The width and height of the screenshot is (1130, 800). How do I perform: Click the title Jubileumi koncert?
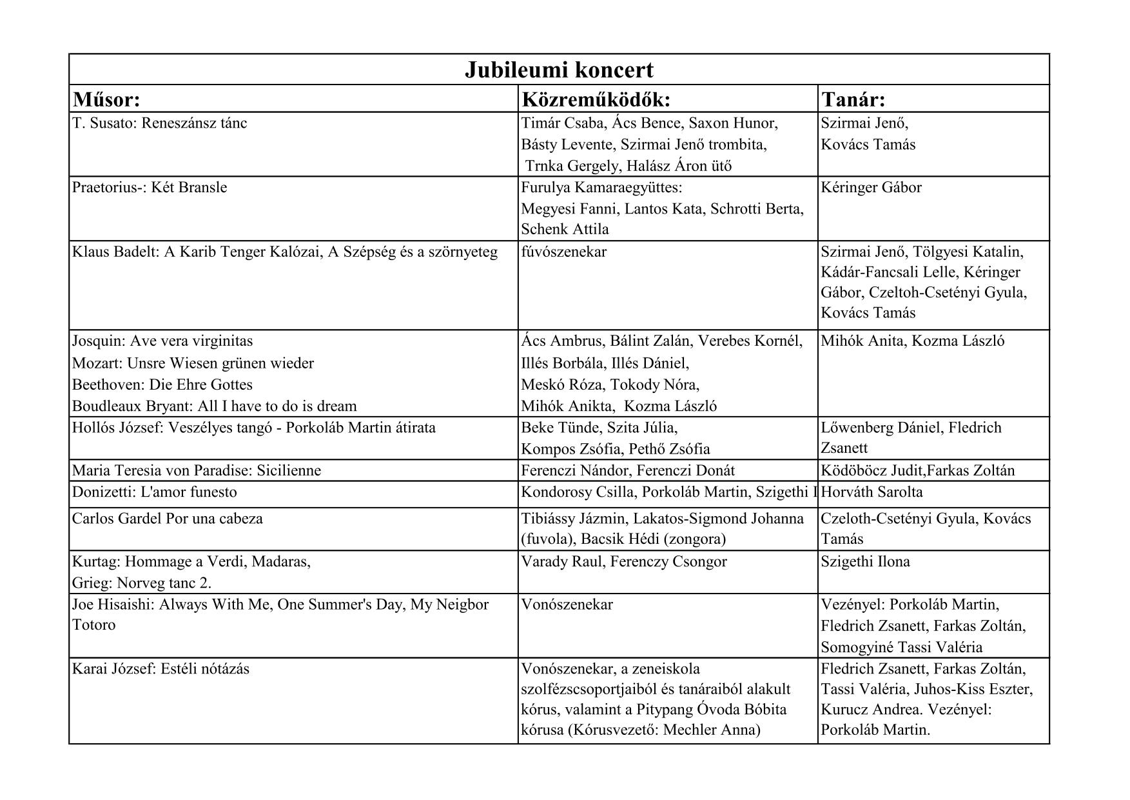(x=559, y=70)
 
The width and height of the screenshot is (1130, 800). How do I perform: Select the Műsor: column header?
(x=106, y=99)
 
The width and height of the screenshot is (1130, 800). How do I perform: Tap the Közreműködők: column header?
(x=596, y=99)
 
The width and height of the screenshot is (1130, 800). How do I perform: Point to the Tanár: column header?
(x=853, y=99)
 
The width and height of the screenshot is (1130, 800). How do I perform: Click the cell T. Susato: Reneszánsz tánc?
(x=160, y=123)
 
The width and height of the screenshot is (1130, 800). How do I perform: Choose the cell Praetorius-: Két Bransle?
(x=150, y=188)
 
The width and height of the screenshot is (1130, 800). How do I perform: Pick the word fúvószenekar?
(x=563, y=252)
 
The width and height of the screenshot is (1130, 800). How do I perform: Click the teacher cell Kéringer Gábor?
(x=871, y=188)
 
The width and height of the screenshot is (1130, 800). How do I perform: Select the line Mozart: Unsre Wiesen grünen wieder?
(x=193, y=363)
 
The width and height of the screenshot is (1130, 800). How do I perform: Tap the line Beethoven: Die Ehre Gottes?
(x=162, y=385)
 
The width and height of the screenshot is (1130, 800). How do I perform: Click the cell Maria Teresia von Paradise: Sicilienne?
(x=197, y=470)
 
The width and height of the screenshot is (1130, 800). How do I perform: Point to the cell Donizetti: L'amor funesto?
(x=155, y=492)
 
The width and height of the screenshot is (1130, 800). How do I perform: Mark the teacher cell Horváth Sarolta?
(x=872, y=492)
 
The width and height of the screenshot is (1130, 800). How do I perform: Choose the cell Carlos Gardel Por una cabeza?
(x=168, y=519)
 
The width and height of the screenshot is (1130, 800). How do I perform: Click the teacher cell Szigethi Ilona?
(x=865, y=562)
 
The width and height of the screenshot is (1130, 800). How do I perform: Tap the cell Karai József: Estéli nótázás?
(x=161, y=669)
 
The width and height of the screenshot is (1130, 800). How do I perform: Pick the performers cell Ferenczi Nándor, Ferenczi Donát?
(x=628, y=470)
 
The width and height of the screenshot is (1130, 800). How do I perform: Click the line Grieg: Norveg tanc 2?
(x=142, y=583)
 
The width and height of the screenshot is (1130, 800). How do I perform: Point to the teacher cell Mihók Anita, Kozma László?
(x=912, y=341)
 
